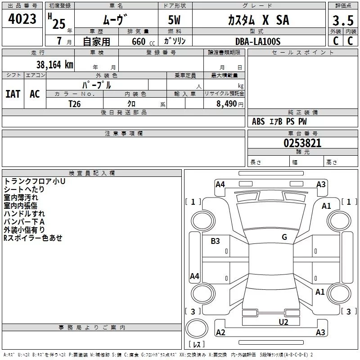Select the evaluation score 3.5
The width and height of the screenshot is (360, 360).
click(343, 21)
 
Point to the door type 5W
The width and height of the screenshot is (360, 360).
click(175, 21)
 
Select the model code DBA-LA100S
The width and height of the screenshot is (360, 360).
click(258, 41)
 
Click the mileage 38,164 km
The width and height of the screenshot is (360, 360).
click(54, 64)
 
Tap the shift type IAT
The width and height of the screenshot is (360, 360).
click(13, 94)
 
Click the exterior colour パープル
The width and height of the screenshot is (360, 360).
click(96, 85)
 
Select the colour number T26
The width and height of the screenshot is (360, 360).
click(75, 103)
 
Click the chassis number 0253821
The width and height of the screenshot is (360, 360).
click(302, 144)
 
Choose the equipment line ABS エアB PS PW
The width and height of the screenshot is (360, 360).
click(280, 121)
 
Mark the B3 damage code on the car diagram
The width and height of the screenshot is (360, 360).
click(216, 241)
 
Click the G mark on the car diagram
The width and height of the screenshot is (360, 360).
click(284, 237)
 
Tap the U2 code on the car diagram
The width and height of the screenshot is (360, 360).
click(283, 322)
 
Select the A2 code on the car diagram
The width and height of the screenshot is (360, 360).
click(220, 333)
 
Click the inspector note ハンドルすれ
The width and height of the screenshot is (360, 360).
click(24, 214)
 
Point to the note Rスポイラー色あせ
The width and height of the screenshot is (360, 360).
click(33, 238)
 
